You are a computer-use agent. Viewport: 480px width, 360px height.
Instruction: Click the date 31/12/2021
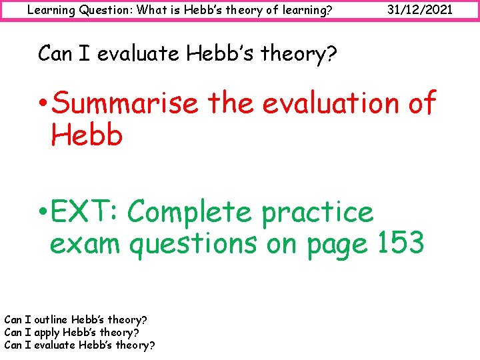click(423, 10)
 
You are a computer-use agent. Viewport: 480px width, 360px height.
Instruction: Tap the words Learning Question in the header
click(73, 10)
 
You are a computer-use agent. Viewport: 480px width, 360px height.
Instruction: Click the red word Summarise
click(125, 104)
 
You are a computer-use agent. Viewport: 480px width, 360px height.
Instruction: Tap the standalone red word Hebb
click(87, 135)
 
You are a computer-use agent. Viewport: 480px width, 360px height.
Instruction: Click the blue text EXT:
click(85, 213)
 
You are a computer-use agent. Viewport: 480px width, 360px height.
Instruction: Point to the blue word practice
click(317, 213)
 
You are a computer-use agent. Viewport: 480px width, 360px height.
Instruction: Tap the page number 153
click(397, 244)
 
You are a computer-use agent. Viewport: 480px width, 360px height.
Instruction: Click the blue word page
click(337, 244)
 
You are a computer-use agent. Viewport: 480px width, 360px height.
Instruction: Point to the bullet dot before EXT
click(42, 214)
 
